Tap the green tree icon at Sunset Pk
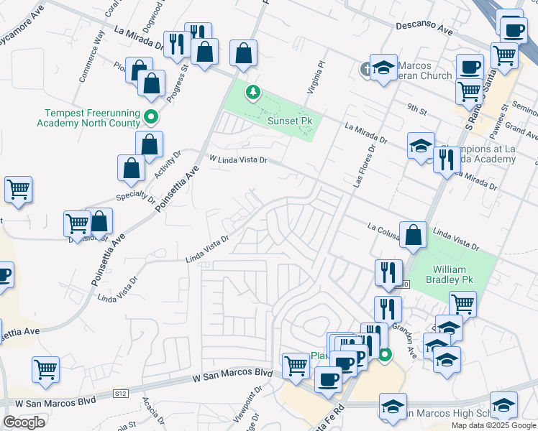(x=252, y=92)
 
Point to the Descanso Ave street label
(x=424, y=29)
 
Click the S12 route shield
(x=121, y=394)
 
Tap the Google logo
(x=24, y=422)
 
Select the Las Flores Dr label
(x=364, y=166)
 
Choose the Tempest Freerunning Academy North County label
(x=88, y=118)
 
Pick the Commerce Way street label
(x=92, y=45)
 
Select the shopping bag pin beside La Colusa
(x=414, y=235)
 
